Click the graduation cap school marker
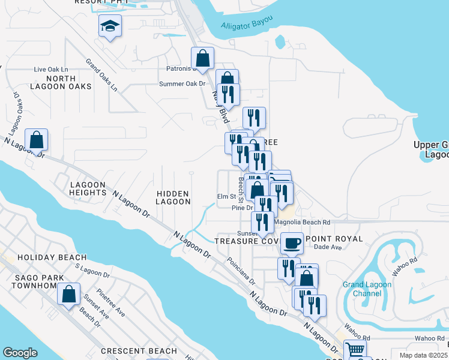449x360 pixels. (x=110, y=26)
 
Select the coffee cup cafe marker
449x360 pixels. (x=292, y=243)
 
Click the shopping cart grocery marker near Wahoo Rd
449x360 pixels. (x=355, y=350)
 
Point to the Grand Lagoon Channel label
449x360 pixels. (x=362, y=289)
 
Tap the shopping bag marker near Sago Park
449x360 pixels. (x=69, y=295)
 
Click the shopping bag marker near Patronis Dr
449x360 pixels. (x=203, y=58)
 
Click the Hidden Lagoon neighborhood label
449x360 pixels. (x=173, y=198)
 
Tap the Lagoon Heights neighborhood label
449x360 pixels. (x=88, y=188)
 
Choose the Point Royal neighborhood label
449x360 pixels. (x=334, y=238)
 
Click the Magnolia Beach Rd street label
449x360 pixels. (x=301, y=222)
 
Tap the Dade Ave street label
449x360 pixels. (x=327, y=247)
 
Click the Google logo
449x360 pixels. (x=20, y=353)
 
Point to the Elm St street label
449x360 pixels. (x=226, y=196)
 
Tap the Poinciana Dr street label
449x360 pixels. (x=241, y=271)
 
